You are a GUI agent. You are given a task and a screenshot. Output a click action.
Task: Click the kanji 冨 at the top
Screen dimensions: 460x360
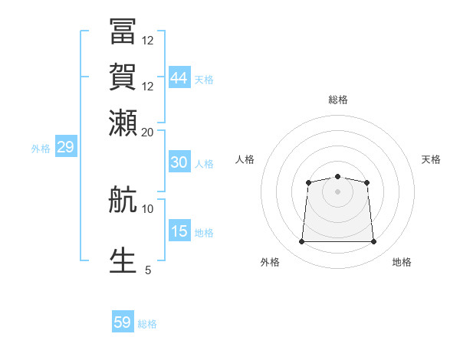click(x=123, y=31)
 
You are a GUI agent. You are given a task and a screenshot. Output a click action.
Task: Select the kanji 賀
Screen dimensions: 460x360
click(x=123, y=77)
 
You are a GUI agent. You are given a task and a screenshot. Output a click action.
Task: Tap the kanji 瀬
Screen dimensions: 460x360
click(x=123, y=123)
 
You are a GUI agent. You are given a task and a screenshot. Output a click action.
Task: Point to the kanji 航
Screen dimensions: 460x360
click(x=123, y=199)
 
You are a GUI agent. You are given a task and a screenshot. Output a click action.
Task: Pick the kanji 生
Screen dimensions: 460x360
click(x=123, y=260)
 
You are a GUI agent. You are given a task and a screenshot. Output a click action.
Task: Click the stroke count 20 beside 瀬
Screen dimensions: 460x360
click(x=147, y=133)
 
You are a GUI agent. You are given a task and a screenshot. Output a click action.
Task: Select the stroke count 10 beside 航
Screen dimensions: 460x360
click(x=147, y=209)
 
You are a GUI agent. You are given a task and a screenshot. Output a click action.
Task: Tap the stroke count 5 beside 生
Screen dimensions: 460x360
click(x=148, y=270)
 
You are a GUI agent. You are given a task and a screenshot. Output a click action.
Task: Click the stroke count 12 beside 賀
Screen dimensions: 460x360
click(x=147, y=87)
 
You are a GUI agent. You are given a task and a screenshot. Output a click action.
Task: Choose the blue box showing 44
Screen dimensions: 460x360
click(x=179, y=77)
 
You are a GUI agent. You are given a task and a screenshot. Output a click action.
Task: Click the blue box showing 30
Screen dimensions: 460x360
click(x=179, y=162)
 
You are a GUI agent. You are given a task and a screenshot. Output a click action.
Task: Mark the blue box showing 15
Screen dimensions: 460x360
click(x=179, y=230)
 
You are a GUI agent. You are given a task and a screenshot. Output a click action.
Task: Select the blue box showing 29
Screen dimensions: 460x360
click(x=66, y=146)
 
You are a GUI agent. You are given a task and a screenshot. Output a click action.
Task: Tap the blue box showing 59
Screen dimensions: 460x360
click(x=123, y=321)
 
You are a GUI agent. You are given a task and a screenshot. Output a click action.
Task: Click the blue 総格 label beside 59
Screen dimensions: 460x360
click(x=147, y=324)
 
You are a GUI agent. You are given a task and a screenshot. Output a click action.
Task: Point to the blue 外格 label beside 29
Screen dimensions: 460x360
click(x=41, y=149)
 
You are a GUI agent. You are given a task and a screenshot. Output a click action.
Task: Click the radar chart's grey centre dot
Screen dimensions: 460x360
click(x=337, y=191)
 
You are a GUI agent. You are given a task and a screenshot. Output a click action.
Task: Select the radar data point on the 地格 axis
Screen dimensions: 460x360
click(x=373, y=241)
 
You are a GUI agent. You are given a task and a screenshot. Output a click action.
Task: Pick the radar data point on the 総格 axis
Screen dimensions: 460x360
click(x=337, y=176)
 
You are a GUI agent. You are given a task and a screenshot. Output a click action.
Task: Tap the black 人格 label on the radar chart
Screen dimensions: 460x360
click(x=245, y=159)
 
